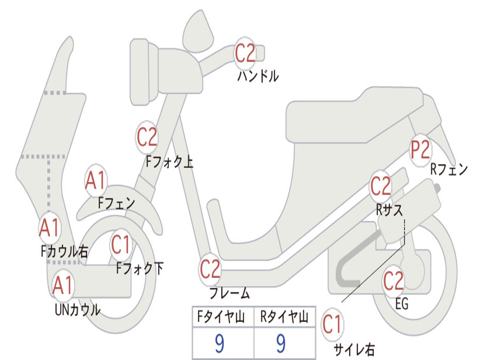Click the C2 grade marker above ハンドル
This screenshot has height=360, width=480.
pyautogui.click(x=245, y=52)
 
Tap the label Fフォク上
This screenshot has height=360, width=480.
pyautogui.click(x=169, y=162)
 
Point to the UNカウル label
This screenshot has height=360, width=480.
pyautogui.click(x=77, y=309)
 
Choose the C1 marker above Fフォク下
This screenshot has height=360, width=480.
pyautogui.click(x=121, y=245)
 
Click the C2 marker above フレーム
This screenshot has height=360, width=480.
pyautogui.click(x=210, y=270)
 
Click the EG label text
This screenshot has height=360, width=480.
pyautogui.click(x=402, y=304)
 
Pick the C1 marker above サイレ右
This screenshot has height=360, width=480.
pyautogui.click(x=332, y=324)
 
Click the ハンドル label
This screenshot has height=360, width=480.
pyautogui.click(x=257, y=75)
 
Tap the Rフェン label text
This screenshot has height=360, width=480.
pyautogui.click(x=449, y=169)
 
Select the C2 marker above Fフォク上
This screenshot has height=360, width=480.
pyautogui.click(x=147, y=137)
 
